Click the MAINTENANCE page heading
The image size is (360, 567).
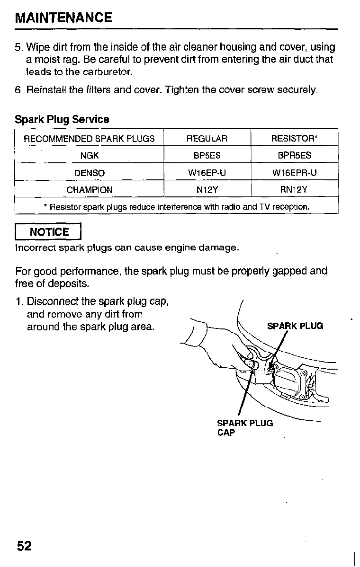[63, 18]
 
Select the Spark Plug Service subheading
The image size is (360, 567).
[62, 120]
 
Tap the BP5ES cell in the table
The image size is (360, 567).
[207, 155]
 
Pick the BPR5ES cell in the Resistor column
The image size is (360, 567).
[294, 155]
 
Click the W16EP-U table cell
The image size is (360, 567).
[207, 173]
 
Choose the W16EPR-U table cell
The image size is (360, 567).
[294, 173]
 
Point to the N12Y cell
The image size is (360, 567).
[207, 190]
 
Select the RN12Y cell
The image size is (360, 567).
[294, 190]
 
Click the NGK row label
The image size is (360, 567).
[89, 155]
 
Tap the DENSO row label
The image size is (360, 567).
[89, 173]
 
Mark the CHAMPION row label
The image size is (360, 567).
[89, 190]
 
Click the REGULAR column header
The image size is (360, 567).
[207, 138]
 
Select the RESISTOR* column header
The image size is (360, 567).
[294, 138]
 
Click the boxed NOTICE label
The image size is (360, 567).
[49, 232]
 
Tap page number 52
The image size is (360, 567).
[24, 546]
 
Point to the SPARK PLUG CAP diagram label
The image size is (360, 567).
[244, 427]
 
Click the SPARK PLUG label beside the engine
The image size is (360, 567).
[295, 326]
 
